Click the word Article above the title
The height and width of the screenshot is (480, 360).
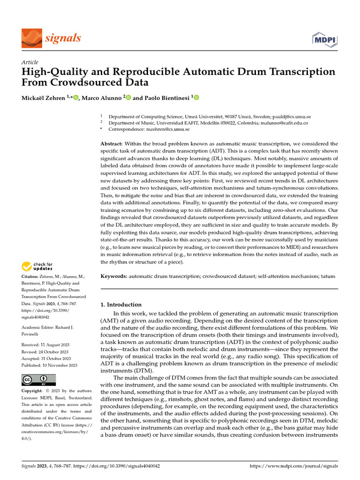[30, 62]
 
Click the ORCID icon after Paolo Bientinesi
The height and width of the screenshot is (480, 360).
[196, 98]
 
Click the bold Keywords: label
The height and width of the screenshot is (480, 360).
[114, 277]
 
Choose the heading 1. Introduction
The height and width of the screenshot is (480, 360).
[121, 304]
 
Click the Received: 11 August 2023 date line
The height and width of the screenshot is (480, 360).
[45, 345]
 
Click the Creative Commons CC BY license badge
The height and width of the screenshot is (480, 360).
[38, 380]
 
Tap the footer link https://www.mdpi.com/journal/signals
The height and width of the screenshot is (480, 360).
[294, 466]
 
